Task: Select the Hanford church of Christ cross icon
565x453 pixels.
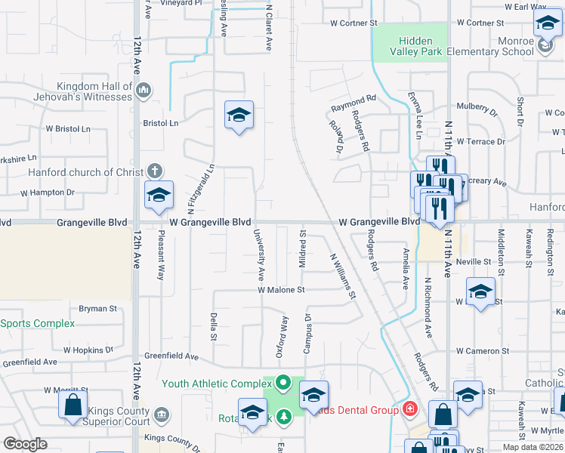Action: coord(154,171)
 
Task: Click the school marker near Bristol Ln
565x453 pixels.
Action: coord(239,116)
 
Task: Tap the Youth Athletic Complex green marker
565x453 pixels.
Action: coord(283,383)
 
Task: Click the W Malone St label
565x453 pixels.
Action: coord(281,289)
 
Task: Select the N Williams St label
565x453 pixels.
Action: coord(342,275)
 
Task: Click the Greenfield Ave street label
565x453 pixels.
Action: coord(171,356)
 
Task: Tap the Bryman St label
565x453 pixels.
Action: coord(98,308)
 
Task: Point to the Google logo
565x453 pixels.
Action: coord(26,443)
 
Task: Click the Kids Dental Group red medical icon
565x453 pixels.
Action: coord(410,409)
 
